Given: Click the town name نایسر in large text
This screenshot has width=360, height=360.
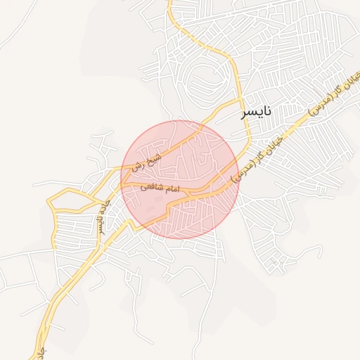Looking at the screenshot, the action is point(255,112).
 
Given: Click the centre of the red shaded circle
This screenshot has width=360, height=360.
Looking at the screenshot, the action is point(181,179).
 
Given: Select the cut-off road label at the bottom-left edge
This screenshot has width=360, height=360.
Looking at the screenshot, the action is point(43,349).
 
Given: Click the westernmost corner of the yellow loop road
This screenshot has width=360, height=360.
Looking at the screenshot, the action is point(48,202).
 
